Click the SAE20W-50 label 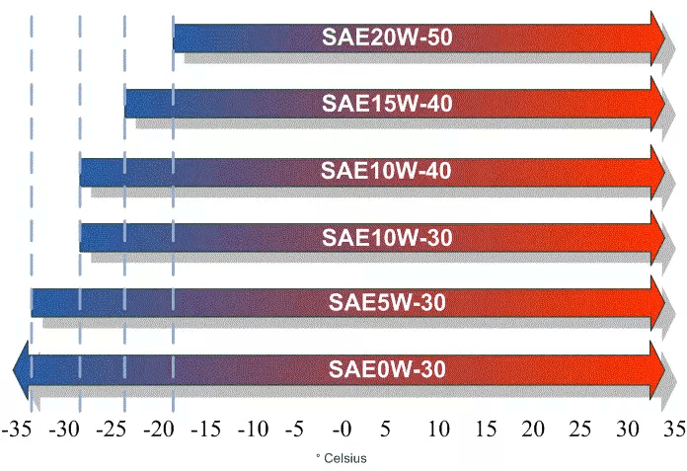[x=387, y=38]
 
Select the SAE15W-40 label [x=387, y=103]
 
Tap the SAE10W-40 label [x=387, y=171]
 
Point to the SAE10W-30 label [x=387, y=238]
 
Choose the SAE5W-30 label [x=387, y=302]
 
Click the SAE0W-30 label [x=387, y=370]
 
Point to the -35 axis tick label [x=18, y=431]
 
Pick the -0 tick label [x=342, y=431]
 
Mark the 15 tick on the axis [x=485, y=431]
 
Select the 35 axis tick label [x=674, y=431]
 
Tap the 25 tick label [x=580, y=431]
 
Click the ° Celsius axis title [x=341, y=457]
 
